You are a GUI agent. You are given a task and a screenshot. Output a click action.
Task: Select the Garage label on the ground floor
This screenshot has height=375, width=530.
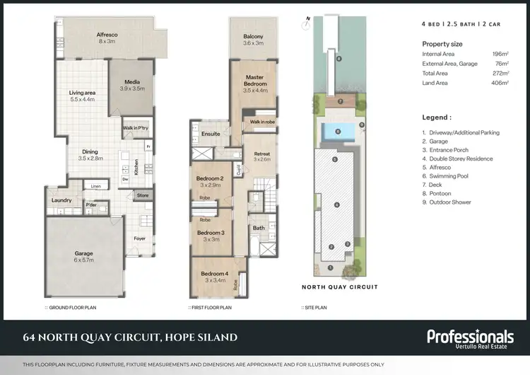85,253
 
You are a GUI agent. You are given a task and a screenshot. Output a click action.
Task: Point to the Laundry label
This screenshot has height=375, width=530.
61,200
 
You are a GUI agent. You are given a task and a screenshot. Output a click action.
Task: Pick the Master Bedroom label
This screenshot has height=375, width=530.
254,80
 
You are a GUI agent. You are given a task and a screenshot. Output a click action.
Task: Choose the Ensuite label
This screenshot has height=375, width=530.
211,133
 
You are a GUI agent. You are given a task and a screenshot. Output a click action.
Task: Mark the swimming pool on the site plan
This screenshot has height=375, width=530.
336,132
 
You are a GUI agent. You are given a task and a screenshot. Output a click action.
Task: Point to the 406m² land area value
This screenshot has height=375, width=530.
500,83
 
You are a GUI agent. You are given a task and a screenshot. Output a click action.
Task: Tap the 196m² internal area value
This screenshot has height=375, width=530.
500,54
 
